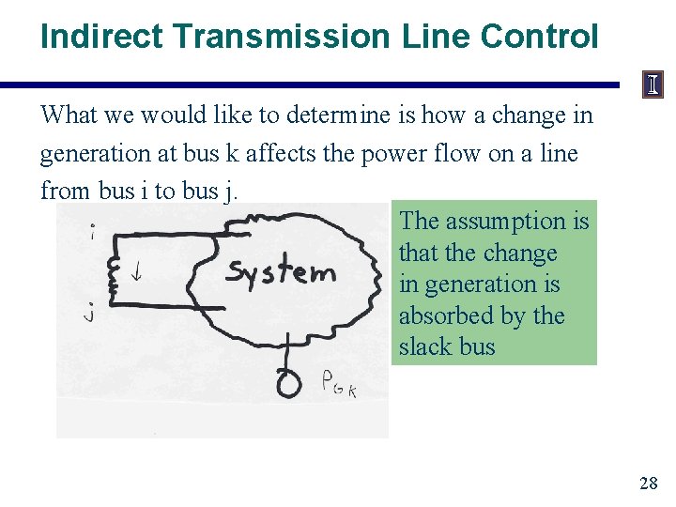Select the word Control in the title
[x=538, y=37]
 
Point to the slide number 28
[x=648, y=484]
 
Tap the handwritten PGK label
[x=338, y=384]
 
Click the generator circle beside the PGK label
[x=288, y=382]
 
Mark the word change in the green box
[x=524, y=253]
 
